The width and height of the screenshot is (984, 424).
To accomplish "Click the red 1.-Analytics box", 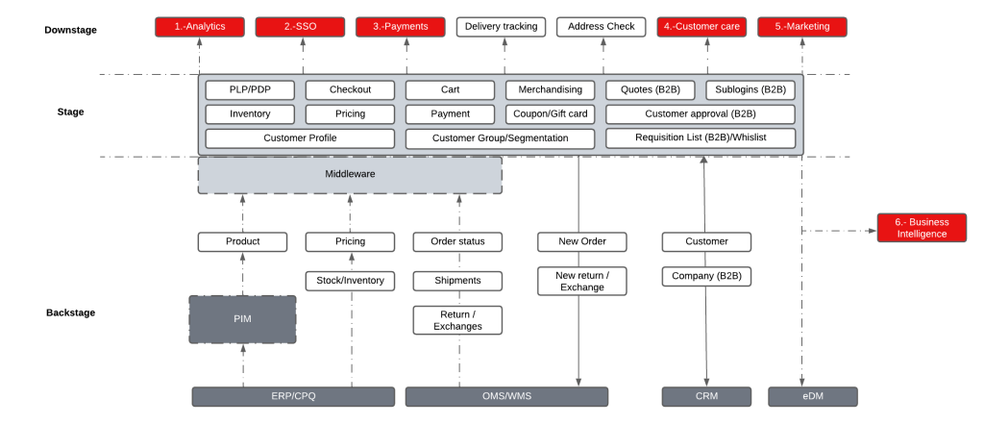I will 200,27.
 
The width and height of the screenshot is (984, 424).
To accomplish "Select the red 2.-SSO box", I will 300,27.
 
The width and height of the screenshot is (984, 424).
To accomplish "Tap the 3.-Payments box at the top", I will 400,27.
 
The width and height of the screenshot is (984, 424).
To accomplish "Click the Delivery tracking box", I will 501,27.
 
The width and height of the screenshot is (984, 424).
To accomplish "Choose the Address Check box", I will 602,27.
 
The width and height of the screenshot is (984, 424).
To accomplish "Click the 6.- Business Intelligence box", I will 922,228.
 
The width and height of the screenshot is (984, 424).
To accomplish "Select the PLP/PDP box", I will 250,89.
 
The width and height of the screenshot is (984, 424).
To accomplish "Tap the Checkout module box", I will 350,89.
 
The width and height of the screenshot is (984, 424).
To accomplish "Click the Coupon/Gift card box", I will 551,113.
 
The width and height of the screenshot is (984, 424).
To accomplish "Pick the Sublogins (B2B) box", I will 750,89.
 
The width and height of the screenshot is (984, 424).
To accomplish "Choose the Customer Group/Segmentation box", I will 500,138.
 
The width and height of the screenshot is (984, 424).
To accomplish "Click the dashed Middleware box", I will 350,175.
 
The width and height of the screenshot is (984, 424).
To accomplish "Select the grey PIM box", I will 242,319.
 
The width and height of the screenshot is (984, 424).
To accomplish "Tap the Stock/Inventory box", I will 350,281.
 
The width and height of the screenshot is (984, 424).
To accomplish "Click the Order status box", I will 457,241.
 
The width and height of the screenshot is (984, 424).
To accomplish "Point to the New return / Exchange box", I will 581,281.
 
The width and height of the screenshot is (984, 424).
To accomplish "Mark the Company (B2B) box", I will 706,277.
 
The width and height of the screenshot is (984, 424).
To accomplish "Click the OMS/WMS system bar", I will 506,396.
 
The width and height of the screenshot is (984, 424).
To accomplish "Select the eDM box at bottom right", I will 813,396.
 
